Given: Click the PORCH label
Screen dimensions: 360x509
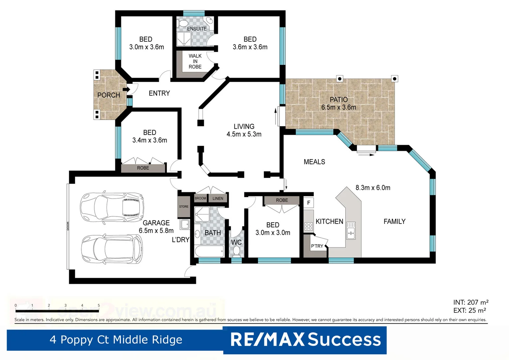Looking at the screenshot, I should tap(109, 95).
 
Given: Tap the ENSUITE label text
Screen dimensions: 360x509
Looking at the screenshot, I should tap(197, 29).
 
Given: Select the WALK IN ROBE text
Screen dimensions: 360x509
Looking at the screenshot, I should tap(195, 61).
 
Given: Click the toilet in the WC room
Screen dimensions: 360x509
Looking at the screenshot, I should tap(237, 251).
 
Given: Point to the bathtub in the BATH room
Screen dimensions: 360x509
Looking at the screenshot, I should tap(209, 251).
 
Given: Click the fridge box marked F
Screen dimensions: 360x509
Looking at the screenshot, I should tap(308, 203).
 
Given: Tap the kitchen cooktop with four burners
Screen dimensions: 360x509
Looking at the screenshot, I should tap(308, 227).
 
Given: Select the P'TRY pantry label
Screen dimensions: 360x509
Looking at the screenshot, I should tap(317, 246).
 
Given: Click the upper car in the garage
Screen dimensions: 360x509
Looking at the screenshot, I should tap(112, 207).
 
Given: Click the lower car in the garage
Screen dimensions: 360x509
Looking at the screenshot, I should tap(112, 249).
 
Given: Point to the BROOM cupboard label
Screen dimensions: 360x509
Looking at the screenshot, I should tap(200, 198).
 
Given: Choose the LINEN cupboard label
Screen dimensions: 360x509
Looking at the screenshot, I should tap(218, 198).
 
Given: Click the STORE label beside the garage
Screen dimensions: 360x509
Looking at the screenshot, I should tap(184, 207).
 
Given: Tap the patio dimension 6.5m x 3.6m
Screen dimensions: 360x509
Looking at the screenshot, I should tap(338, 107).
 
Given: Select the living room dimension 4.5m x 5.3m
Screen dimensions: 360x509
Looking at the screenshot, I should tap(244, 134).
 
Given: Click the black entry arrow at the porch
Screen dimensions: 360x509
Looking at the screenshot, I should tap(126, 89).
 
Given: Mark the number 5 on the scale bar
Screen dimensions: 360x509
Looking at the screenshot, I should tap(99, 305).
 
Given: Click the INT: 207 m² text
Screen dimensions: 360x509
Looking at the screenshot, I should tap(470, 302).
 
